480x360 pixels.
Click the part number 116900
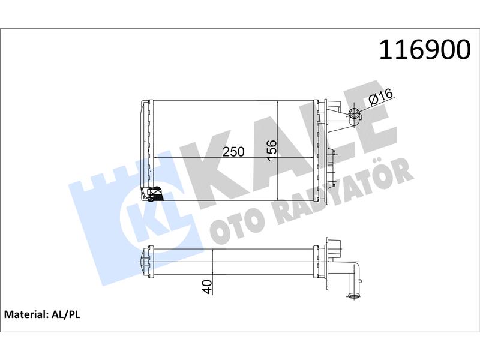pos(425,50)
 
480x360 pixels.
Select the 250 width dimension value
pos(233,152)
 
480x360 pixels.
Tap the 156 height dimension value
pos(272,149)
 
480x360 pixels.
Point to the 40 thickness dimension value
pos(208,287)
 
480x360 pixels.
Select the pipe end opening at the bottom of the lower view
pos(355,296)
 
